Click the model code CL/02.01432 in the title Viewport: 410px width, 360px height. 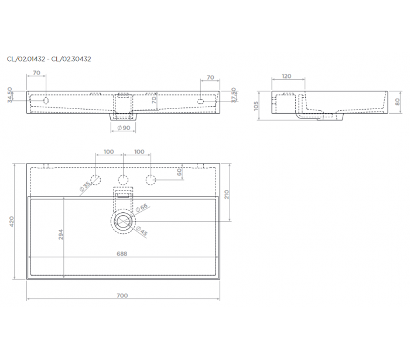pos(26,59)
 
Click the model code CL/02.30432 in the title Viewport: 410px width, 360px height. pos(71,59)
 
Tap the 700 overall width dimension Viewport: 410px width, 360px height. pos(122,296)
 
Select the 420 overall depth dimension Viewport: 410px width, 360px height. pos(12,222)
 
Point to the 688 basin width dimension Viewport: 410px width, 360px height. pos(122,254)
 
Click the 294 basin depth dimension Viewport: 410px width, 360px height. pos(61,235)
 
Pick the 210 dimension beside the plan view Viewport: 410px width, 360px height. pos(227,194)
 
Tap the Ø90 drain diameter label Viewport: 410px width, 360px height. pos(124,128)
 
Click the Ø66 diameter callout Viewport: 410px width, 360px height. pos(142,208)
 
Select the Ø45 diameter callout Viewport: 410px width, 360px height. pos(142,230)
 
